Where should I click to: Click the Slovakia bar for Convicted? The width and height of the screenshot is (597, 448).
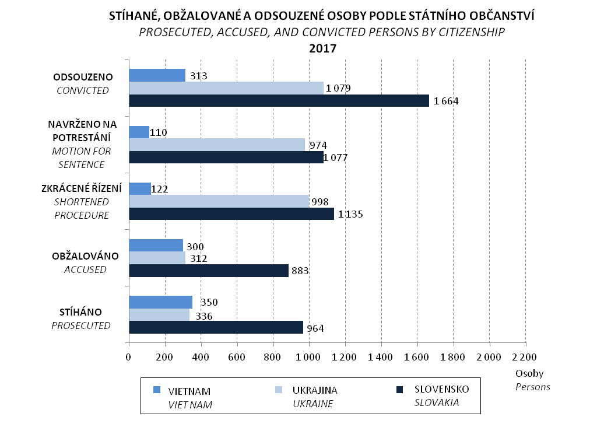coord(279,100)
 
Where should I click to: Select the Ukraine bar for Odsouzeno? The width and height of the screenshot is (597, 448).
coord(226,88)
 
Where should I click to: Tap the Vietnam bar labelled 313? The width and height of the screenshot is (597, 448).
coord(157,75)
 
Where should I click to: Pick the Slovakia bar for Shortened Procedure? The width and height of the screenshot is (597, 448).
coord(231,213)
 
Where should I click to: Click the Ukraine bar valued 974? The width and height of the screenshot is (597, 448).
coord(216,145)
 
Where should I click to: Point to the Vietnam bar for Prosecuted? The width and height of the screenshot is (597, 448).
coord(160,302)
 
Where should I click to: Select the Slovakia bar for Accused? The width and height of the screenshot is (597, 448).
coord(209,270)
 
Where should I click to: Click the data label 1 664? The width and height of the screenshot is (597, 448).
coord(446,101)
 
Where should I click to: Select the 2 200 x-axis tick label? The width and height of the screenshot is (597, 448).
coord(525,356)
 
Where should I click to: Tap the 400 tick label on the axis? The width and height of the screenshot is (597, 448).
coord(201,356)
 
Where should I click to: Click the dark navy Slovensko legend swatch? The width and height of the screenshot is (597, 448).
coord(400,389)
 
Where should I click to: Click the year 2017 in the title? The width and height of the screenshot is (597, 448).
coord(322,48)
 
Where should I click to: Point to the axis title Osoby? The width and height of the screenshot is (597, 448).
coord(529,373)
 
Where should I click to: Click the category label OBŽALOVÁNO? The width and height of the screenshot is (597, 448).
coord(86,257)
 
